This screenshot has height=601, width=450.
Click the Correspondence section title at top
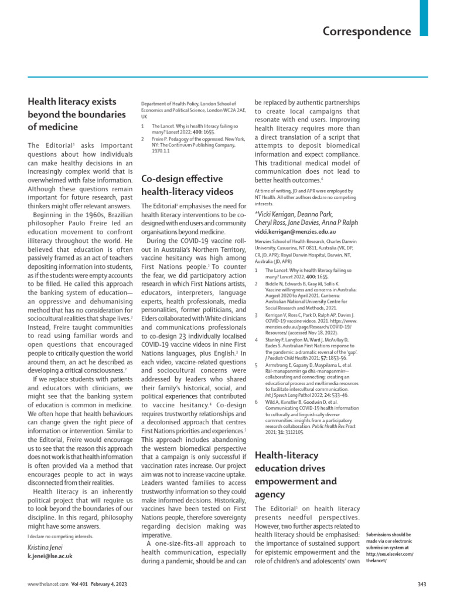tap(367, 31)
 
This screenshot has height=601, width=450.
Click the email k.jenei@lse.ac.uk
tap(50, 556)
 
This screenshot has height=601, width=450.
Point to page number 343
tap(422, 585)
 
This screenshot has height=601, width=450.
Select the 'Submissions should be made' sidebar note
tap(389, 548)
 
